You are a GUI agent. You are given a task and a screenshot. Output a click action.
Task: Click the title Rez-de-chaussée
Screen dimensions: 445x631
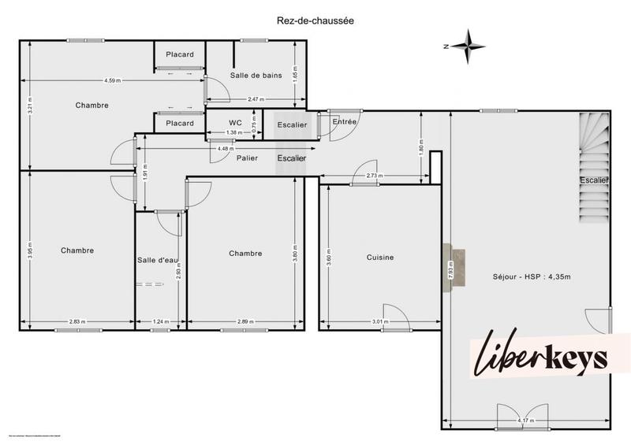(315, 22)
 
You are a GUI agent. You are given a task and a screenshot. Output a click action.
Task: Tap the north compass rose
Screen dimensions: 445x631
(470, 46)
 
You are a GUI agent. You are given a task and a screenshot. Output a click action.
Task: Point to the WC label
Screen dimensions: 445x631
(235, 123)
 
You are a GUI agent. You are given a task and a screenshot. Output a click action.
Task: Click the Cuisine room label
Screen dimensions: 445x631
(379, 258)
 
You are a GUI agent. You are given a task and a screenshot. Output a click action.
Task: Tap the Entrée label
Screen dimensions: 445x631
(345, 122)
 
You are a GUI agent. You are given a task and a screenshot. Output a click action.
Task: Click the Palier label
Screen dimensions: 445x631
(248, 158)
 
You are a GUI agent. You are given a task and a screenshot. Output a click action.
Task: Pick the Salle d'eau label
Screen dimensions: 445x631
(156, 260)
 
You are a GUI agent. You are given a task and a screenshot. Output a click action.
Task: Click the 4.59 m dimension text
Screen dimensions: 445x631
(112, 80)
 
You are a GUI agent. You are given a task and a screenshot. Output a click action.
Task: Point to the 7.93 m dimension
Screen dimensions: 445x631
(450, 270)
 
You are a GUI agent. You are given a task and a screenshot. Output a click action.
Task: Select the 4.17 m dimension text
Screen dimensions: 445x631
(525, 421)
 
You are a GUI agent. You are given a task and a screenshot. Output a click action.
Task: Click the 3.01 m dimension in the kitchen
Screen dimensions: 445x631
(379, 321)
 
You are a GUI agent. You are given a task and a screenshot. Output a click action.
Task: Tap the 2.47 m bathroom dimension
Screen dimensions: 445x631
(256, 99)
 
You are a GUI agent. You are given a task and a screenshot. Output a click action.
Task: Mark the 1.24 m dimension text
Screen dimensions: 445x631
(161, 321)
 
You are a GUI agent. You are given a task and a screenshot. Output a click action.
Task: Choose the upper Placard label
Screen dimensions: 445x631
(180, 54)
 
